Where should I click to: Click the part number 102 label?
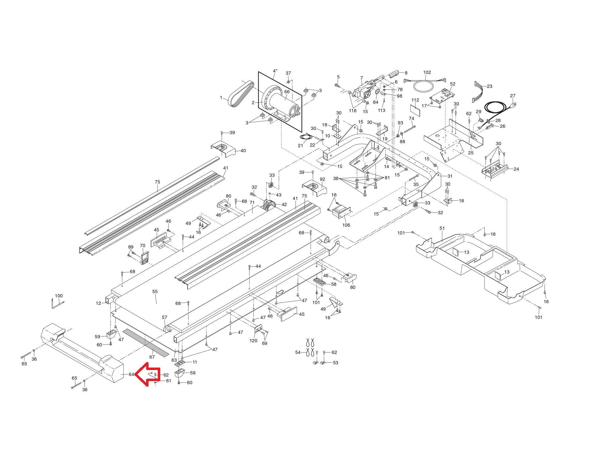click(x=427, y=73)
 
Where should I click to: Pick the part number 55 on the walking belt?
click(x=155, y=291)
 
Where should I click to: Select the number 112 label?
click(x=415, y=100)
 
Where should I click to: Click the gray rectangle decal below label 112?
click(x=415, y=109)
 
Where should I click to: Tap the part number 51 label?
click(x=442, y=228)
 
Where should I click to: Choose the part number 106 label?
click(x=346, y=225)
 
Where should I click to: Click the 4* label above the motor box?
click(x=275, y=71)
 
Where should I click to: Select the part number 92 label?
click(x=322, y=179)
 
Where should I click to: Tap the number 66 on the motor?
click(x=287, y=92)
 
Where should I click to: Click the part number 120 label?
click(x=253, y=341)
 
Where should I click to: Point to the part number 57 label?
click(x=165, y=317)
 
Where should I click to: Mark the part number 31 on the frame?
click(x=450, y=176)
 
